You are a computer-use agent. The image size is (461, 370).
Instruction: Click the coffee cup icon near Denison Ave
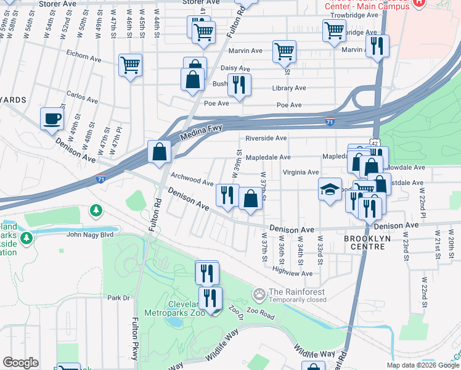click(52, 118)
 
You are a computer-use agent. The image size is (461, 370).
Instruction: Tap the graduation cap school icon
click(330, 189)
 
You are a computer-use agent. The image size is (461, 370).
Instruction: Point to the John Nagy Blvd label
click(91, 234)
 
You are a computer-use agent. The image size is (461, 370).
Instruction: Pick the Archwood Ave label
click(192, 180)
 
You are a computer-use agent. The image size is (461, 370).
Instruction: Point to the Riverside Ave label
click(266, 138)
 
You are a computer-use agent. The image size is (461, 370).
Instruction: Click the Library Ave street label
click(289, 88)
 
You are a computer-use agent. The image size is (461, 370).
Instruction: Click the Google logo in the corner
click(20, 363)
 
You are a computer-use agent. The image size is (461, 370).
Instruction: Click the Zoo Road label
click(263, 313)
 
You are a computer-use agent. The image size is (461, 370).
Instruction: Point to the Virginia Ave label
click(301, 173)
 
